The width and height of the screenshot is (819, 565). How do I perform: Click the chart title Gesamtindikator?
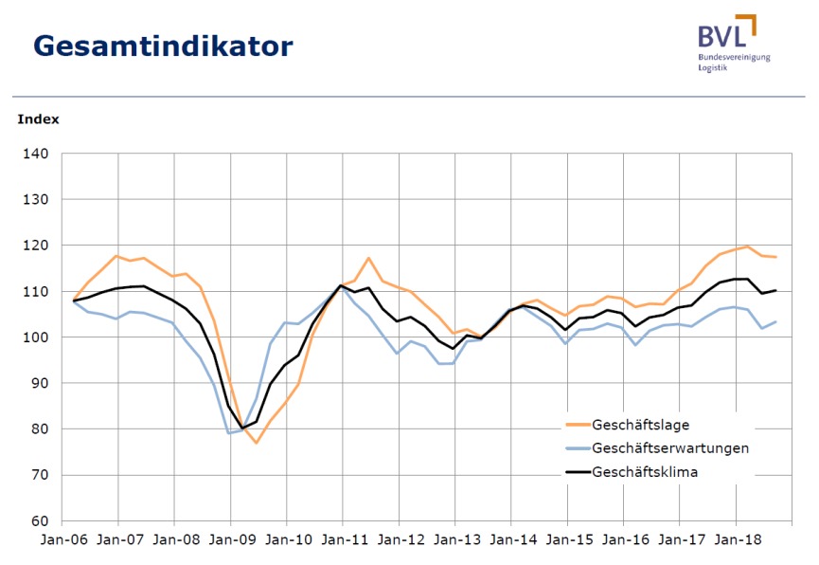click(163, 46)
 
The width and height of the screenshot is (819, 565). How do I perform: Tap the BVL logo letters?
click(721, 35)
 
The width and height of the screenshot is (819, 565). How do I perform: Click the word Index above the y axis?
click(38, 119)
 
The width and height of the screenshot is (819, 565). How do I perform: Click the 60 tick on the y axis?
click(43, 520)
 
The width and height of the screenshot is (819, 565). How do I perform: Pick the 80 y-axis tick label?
click(43, 428)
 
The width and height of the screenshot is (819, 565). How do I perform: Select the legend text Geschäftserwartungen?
click(670, 447)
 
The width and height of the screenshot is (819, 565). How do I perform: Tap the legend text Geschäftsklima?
click(645, 472)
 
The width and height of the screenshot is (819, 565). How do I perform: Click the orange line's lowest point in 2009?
click(256, 443)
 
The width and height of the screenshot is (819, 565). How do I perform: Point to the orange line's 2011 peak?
click(369, 258)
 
